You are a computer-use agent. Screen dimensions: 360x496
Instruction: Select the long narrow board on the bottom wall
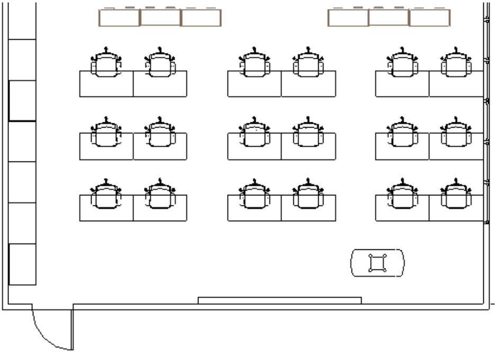[x=279, y=300]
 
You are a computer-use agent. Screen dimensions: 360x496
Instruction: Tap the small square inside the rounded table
[x=377, y=263]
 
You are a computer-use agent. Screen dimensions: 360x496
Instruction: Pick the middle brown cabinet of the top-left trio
[x=160, y=18]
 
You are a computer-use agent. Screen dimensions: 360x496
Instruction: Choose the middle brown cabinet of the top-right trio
[x=389, y=18]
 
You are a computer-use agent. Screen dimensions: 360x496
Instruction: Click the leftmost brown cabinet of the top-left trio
[x=119, y=18]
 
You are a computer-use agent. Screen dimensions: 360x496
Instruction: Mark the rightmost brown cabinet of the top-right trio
[x=429, y=18]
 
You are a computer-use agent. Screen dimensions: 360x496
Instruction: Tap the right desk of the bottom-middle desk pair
[x=308, y=213]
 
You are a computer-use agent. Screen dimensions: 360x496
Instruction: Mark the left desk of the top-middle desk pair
[x=255, y=88]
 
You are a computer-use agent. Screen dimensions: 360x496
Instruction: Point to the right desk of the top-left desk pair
[x=160, y=88]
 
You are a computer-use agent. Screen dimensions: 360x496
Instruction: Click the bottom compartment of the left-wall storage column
[x=23, y=264]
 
